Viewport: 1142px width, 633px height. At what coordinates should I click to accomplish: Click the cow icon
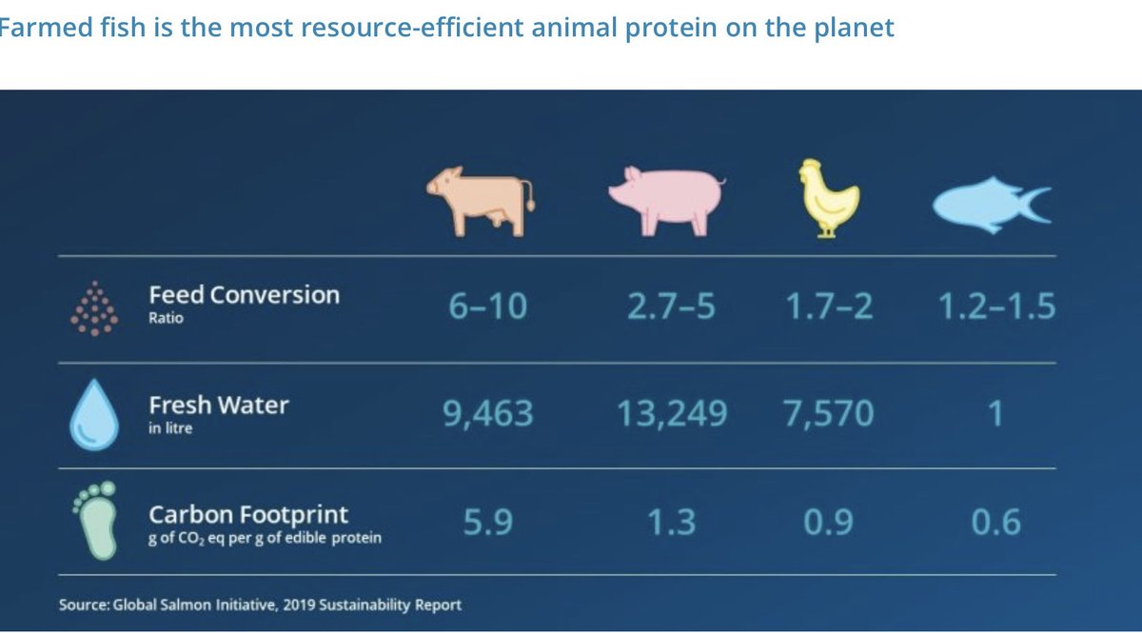pos(481,199)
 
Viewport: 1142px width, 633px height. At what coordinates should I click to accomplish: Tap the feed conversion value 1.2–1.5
pos(995,307)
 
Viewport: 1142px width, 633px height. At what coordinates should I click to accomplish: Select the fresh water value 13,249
pos(672,414)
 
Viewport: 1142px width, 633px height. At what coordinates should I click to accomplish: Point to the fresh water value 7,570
pos(830,414)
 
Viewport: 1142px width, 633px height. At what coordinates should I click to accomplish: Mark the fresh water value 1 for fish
pos(995,414)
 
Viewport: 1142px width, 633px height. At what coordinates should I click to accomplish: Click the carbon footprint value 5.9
pos(487,523)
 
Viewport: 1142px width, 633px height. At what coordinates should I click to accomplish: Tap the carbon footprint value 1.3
pos(671,523)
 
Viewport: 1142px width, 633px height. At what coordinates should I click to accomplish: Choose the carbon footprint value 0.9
pos(828,523)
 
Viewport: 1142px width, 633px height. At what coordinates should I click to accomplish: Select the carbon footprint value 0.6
pos(996,523)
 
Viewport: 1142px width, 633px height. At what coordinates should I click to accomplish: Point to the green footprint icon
pos(95,520)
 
